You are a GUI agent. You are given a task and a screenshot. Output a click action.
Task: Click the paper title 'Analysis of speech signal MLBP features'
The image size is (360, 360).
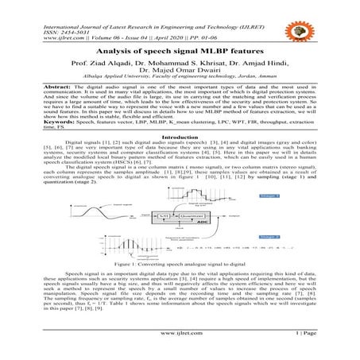(180, 52)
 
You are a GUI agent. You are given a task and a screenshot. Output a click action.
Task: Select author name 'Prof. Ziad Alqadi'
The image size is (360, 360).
(106, 64)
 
